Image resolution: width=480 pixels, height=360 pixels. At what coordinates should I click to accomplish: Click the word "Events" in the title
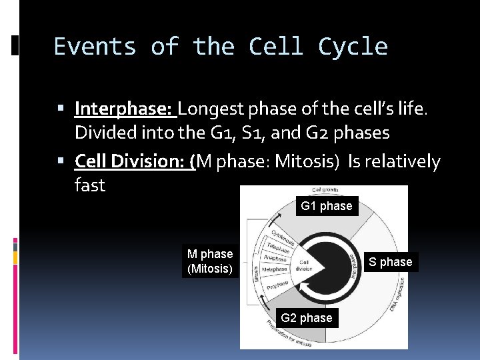point(95,47)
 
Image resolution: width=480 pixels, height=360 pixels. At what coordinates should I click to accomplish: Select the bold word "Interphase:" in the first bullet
point(124,108)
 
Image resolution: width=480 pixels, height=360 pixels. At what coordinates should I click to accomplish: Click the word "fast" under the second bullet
point(90,185)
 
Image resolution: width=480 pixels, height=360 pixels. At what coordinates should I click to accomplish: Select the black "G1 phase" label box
point(326,206)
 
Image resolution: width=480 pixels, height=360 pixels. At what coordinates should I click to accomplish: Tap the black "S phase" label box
point(391,262)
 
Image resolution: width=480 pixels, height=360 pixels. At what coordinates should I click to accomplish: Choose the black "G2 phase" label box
point(306,318)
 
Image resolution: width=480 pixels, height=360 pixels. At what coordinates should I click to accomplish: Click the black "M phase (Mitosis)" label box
point(210,261)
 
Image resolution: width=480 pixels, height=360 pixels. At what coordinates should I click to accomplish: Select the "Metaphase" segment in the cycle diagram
point(274,269)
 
